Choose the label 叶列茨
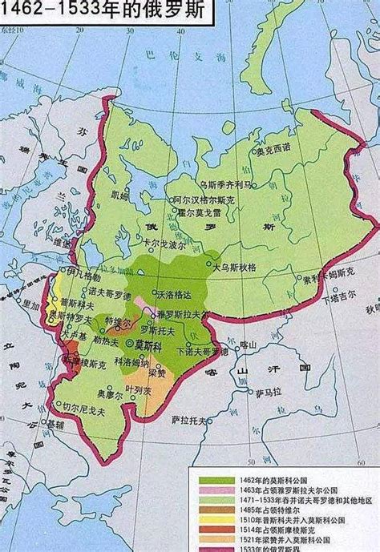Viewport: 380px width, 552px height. pos(156,393)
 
